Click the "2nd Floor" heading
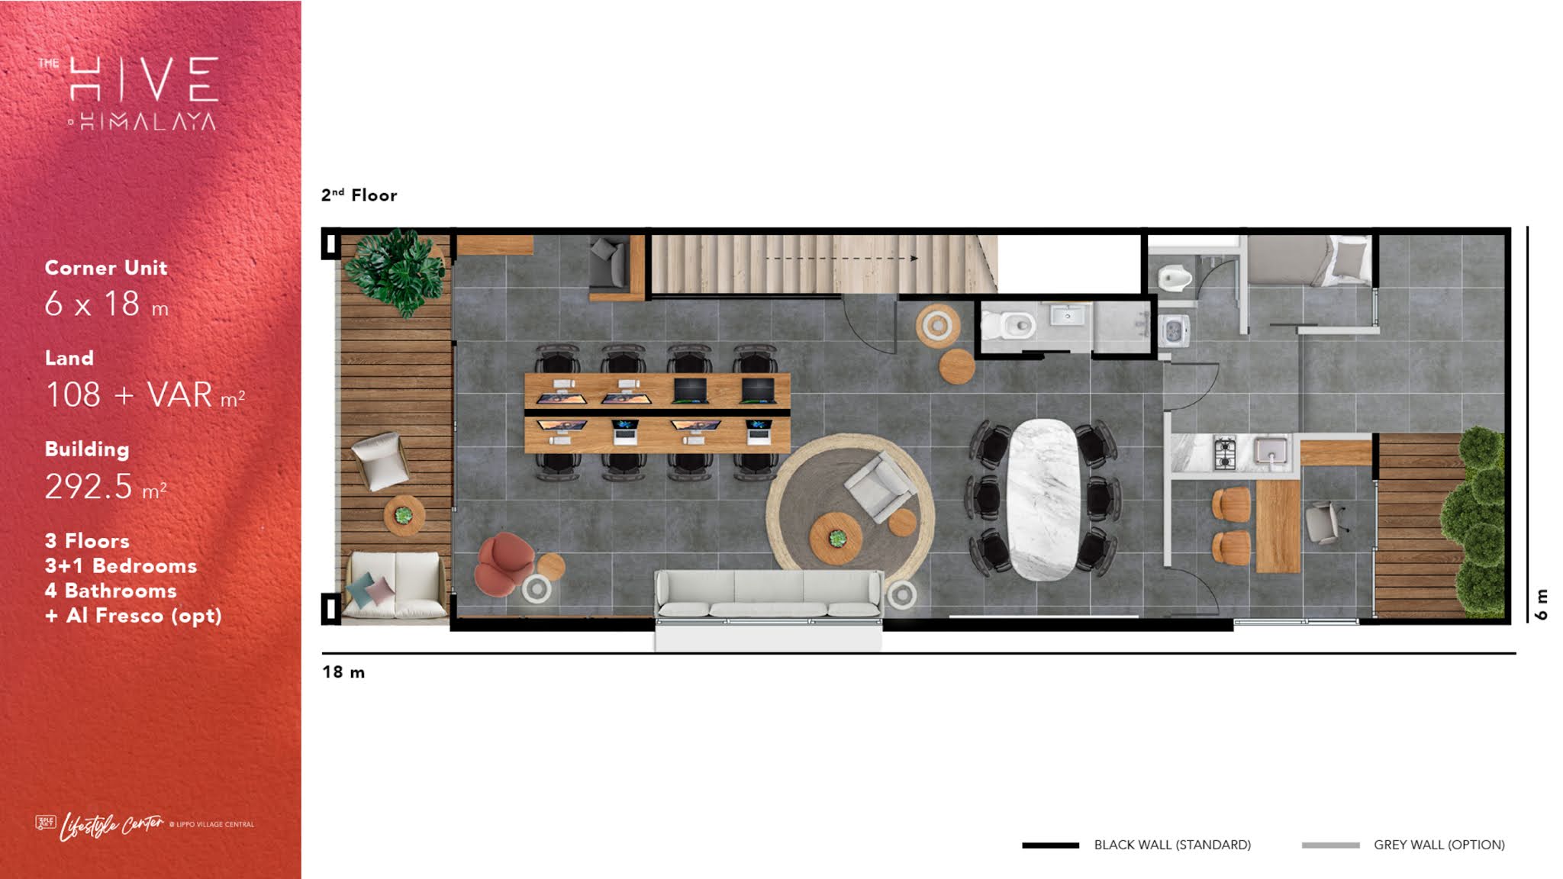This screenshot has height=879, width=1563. click(x=359, y=195)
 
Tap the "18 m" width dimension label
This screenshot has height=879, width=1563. click(x=343, y=672)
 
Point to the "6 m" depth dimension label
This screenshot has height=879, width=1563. click(x=1542, y=604)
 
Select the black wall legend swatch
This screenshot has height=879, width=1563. click(x=1050, y=845)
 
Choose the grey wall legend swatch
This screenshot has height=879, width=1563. click(x=1330, y=845)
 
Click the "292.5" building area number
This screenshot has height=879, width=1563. click(x=89, y=487)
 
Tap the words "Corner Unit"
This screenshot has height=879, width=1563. click(x=106, y=268)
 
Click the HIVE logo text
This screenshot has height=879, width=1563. click(x=144, y=79)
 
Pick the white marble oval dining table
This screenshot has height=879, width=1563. click(x=1044, y=499)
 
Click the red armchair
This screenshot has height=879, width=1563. click(x=504, y=563)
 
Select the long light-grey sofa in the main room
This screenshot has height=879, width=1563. click(x=769, y=594)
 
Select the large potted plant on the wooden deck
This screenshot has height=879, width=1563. click(x=395, y=271)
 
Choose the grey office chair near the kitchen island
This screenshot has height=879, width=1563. click(x=1324, y=522)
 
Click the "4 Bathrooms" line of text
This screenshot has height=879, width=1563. click(x=111, y=591)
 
